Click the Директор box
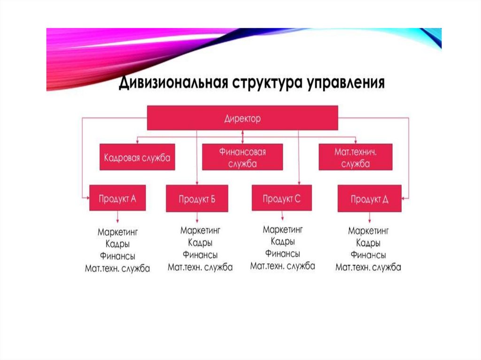(242, 118)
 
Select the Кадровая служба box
(137, 157)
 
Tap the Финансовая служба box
(242, 157)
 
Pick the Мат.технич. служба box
(356, 157)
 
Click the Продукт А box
(117, 198)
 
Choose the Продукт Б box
(197, 199)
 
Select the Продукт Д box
(369, 199)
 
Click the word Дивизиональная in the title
(173, 83)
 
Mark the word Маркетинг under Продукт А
(117, 232)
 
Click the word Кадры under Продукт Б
(200, 243)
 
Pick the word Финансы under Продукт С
(282, 253)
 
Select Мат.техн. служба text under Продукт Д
(368, 267)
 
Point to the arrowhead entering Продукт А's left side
(87, 198)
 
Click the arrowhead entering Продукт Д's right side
(403, 199)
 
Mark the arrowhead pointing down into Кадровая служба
(137, 142)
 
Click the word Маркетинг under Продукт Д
(368, 230)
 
